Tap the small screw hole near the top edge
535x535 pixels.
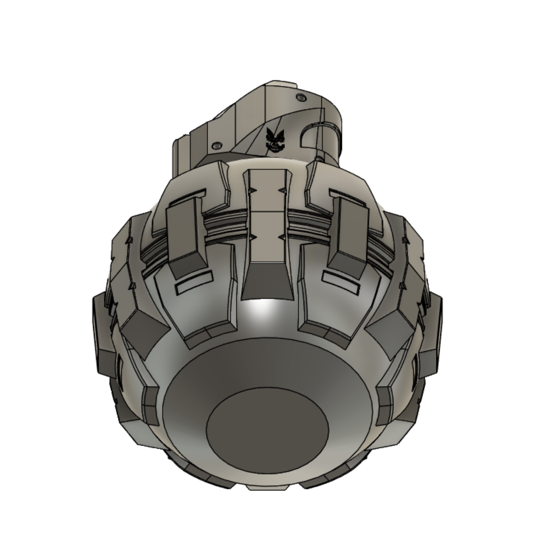click(x=301, y=97)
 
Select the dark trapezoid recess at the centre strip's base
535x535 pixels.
click(x=267, y=281)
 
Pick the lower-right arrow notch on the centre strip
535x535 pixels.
click(x=282, y=237)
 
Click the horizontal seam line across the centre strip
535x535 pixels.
click(x=267, y=213)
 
